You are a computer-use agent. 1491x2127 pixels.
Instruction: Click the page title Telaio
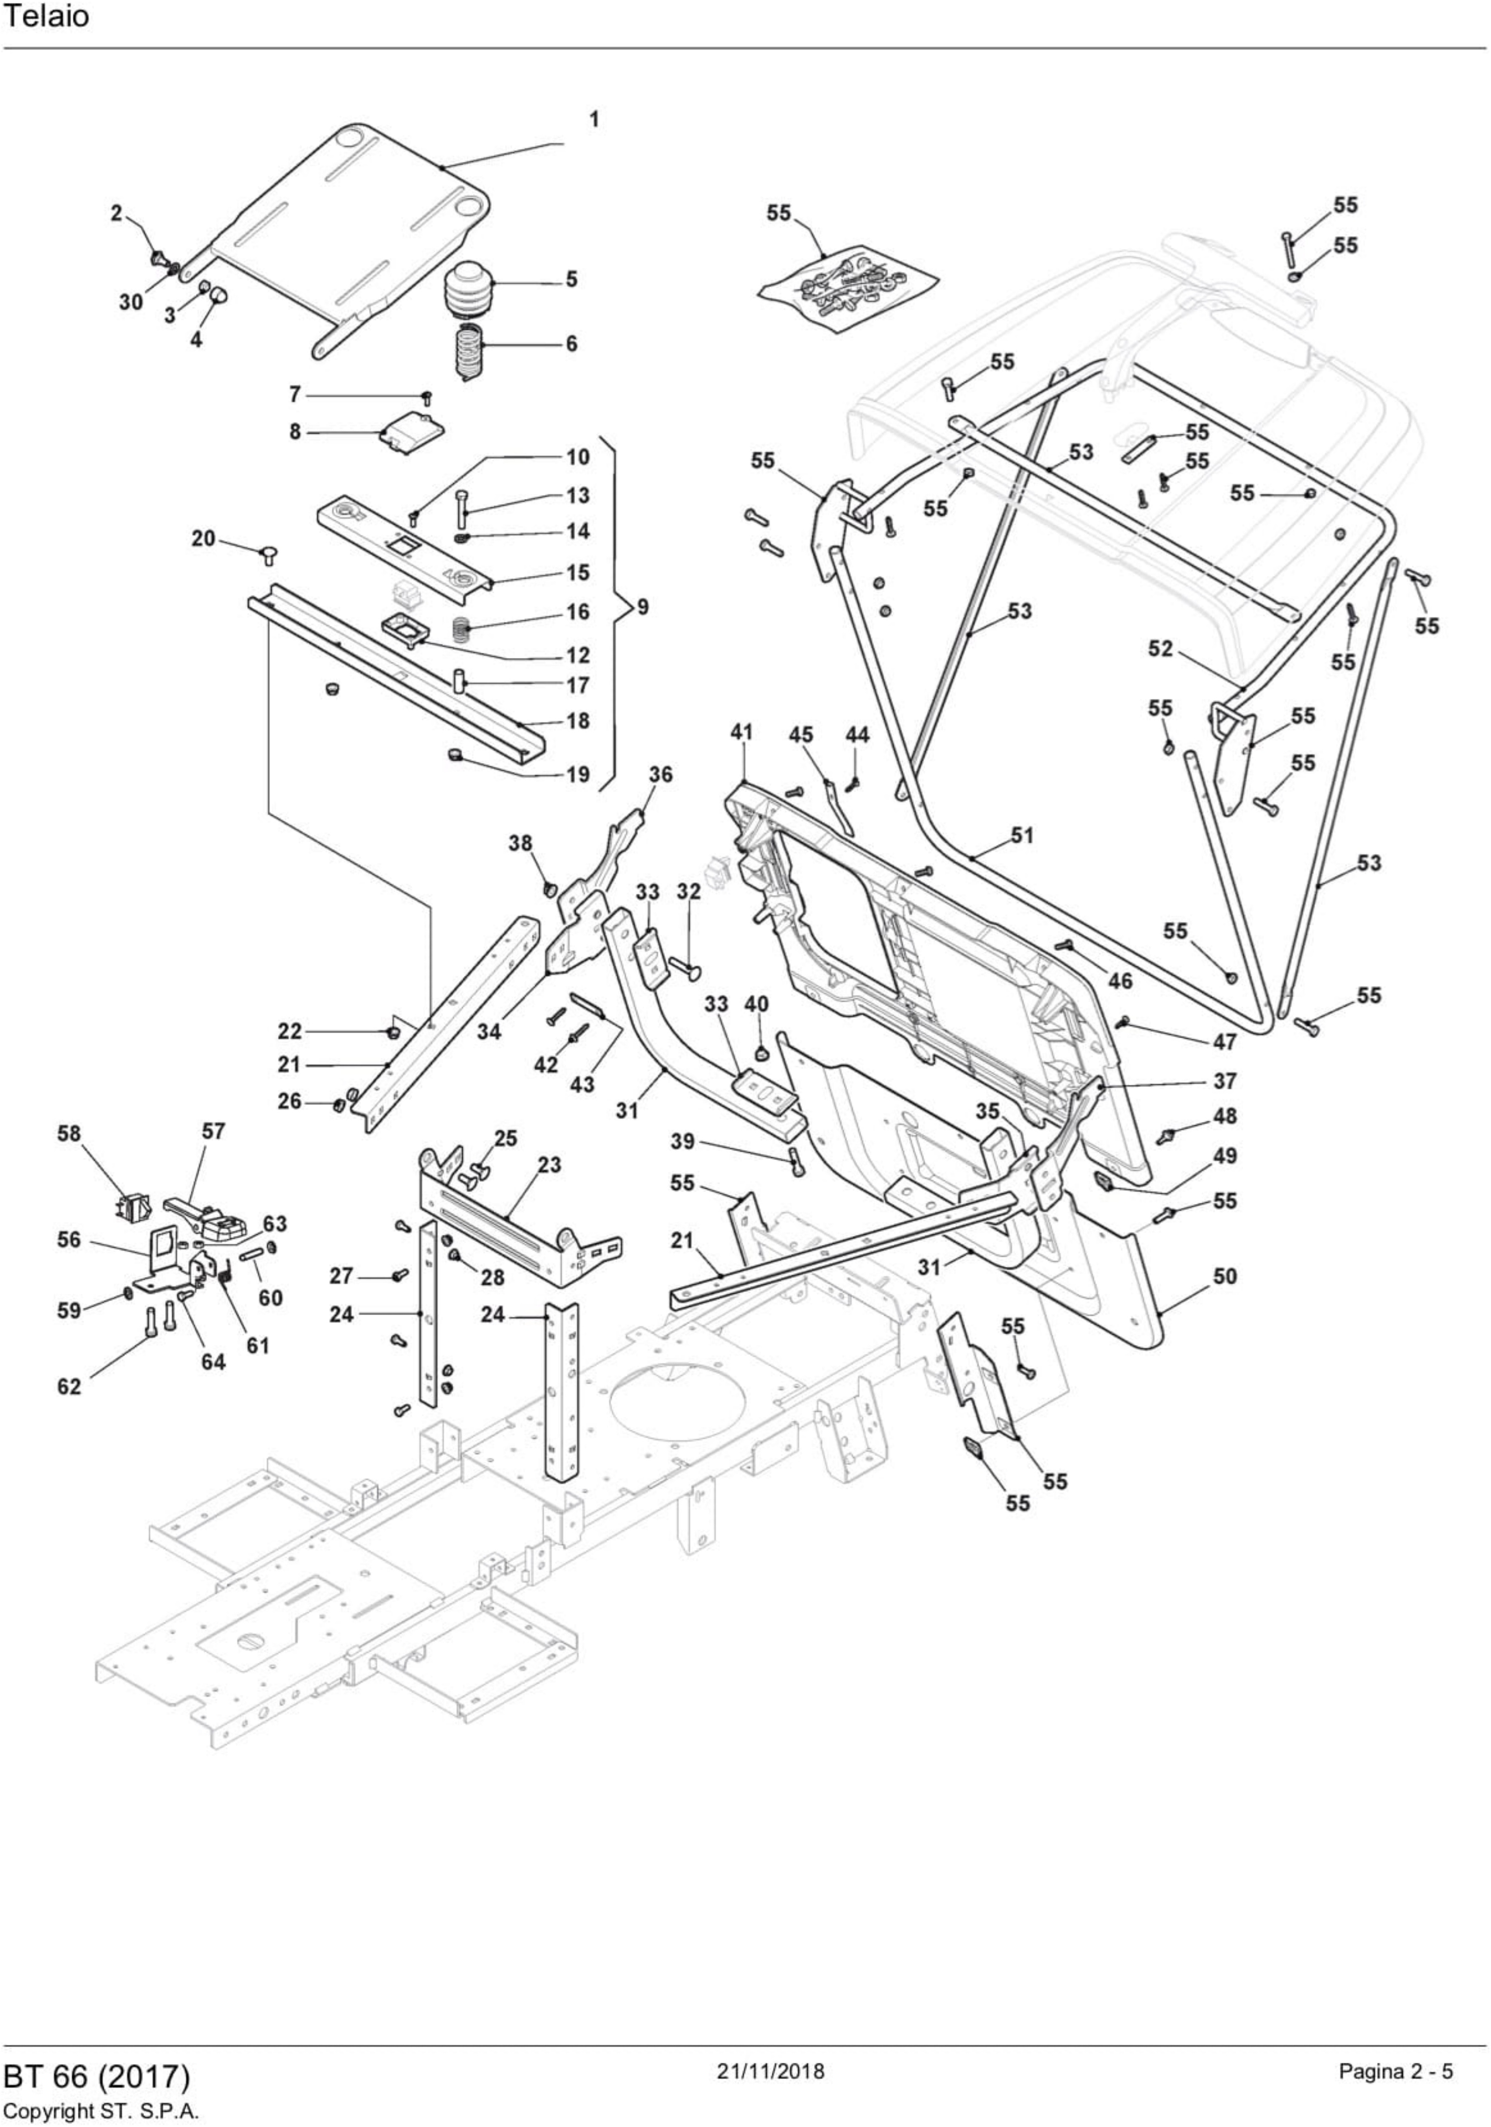click(x=47, y=18)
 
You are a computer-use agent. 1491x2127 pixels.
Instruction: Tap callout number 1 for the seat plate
click(x=594, y=119)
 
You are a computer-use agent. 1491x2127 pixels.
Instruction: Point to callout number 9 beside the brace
click(x=642, y=608)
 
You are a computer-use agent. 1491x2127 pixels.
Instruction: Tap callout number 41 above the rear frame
click(x=742, y=732)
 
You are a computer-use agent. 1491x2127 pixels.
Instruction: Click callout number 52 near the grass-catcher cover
click(x=1160, y=649)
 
